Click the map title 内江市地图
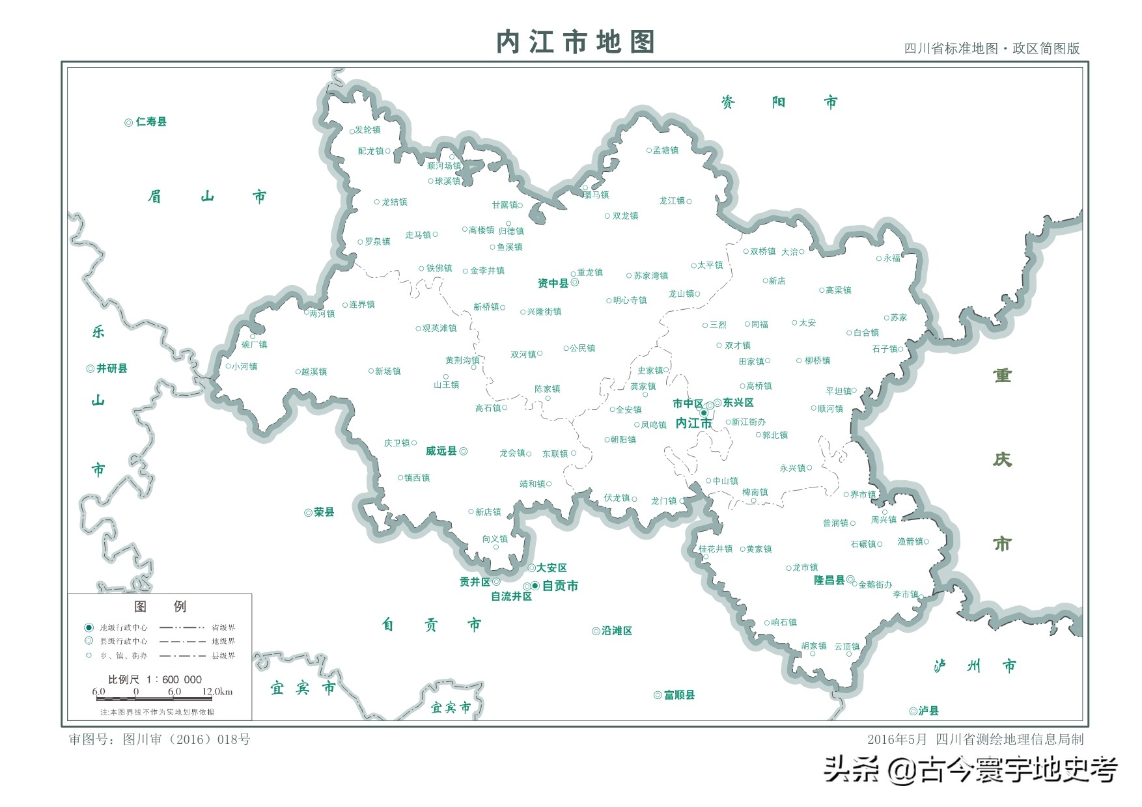(x=575, y=42)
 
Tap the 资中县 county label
(x=553, y=283)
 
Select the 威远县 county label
(x=441, y=451)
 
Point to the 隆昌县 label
(x=829, y=580)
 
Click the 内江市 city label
(x=693, y=424)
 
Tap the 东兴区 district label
(x=738, y=403)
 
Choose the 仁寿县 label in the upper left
(x=151, y=122)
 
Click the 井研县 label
(x=112, y=368)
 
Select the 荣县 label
(x=324, y=512)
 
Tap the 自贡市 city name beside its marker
(x=560, y=586)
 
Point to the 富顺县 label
(x=679, y=695)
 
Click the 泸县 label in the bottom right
(x=928, y=711)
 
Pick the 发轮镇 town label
(x=368, y=130)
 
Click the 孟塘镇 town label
(x=666, y=150)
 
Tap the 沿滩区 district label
(x=617, y=631)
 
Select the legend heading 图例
(x=160, y=607)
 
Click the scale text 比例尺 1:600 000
(x=155, y=679)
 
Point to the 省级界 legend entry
(x=223, y=627)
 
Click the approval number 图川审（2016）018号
(x=186, y=739)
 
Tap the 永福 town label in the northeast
(x=892, y=258)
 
